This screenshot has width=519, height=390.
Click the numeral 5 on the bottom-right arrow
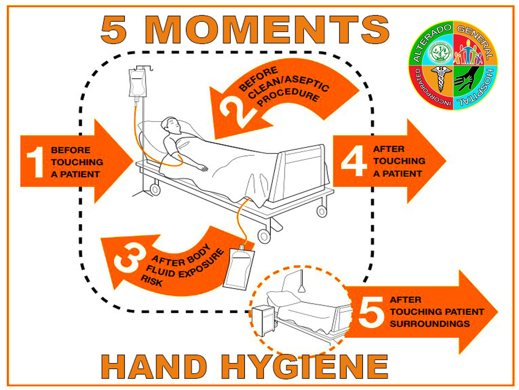371,312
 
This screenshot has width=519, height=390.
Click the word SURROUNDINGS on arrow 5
430,324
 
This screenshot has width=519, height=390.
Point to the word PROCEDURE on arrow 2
288,97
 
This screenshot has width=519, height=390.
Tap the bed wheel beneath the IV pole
155,190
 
